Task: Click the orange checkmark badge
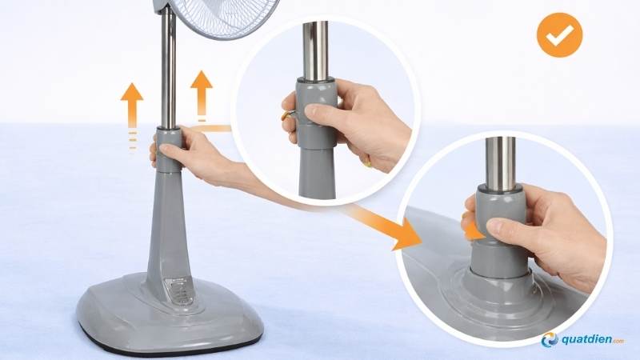[x=560, y=34]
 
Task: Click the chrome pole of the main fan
[x=169, y=72]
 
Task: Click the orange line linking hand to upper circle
[x=211, y=126]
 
